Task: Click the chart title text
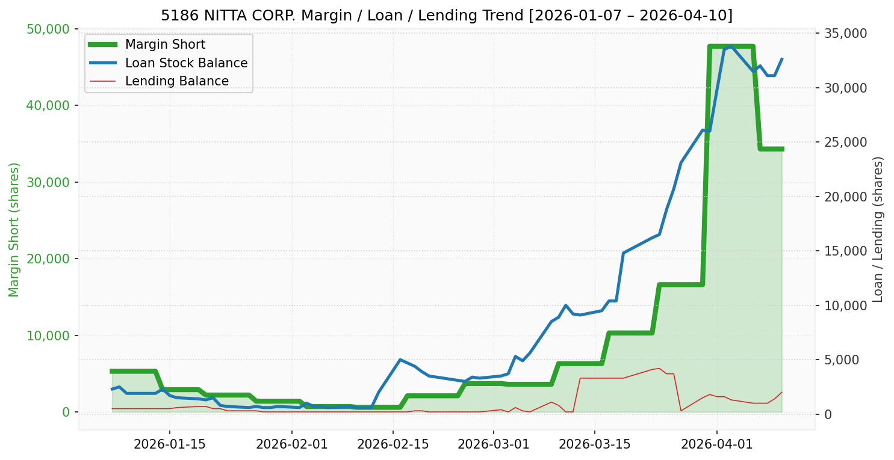tap(447, 15)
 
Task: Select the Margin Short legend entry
tap(165, 44)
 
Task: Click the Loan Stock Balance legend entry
tap(186, 63)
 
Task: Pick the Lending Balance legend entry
tap(176, 81)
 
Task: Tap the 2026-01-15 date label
tap(169, 444)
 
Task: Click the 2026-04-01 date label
tap(717, 444)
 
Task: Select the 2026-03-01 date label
tap(494, 444)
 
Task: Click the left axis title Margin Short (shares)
tap(14, 229)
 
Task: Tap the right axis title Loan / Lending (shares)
tap(878, 229)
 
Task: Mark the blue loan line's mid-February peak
tap(400, 360)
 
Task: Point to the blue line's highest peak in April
tap(731, 46)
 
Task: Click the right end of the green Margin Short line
tap(782, 149)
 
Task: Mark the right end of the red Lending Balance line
tap(782, 392)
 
